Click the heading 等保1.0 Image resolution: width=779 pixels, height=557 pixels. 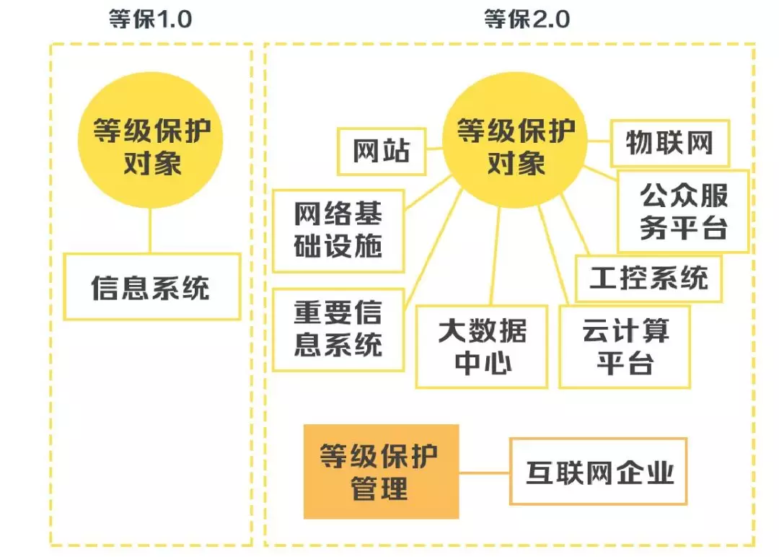tap(151, 19)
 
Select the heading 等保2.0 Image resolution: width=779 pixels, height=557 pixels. tap(527, 19)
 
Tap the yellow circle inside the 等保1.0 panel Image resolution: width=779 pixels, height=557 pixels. tap(151, 147)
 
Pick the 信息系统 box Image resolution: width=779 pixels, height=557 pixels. tap(151, 286)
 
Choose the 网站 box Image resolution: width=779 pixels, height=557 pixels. tap(382, 152)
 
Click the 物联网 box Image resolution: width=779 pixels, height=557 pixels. tap(669, 142)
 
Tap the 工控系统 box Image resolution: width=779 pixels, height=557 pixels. tap(648, 278)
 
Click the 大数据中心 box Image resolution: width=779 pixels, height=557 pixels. tap(481, 347)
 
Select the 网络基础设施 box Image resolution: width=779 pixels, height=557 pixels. tap(338, 231)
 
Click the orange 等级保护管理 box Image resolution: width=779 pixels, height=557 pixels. tap(381, 471)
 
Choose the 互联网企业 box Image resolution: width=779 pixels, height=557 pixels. tap(598, 471)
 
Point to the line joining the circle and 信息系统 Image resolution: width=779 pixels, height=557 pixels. tap(151, 231)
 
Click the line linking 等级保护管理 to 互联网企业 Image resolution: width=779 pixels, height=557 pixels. tap(484, 473)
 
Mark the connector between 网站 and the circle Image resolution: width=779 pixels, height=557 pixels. tap(434, 149)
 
